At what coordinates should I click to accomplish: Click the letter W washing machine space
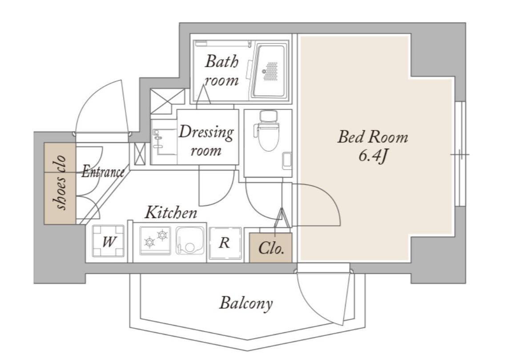(x=108, y=241)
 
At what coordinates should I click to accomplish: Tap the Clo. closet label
(x=271, y=248)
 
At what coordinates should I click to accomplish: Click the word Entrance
(x=103, y=171)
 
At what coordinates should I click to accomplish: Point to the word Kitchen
(x=171, y=213)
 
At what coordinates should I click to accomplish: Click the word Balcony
(x=246, y=303)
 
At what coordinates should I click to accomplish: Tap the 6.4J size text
(x=373, y=155)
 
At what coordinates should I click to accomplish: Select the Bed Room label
(x=373, y=137)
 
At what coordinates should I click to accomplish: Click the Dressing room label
(x=206, y=140)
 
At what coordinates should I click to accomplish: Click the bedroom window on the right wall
(x=460, y=154)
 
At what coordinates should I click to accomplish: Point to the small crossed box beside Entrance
(x=140, y=154)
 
